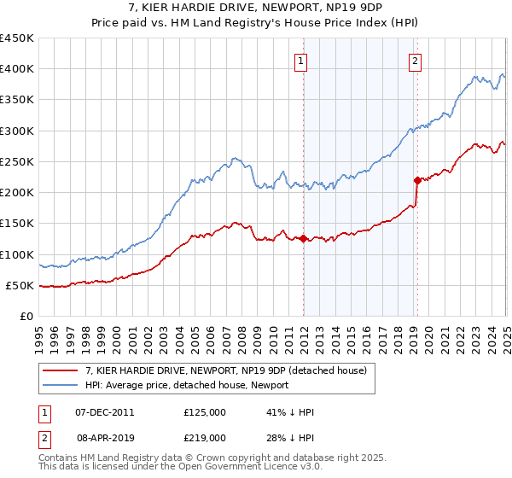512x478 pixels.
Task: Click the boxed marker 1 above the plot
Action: [303, 61]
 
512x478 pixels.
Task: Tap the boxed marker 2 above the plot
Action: [415, 61]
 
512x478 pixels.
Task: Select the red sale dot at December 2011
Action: [303, 238]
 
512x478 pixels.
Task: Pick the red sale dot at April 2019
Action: [417, 180]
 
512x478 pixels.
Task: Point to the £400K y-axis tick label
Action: [16, 69]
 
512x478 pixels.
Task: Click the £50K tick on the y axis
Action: [20, 285]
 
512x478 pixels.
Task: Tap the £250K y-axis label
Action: [16, 161]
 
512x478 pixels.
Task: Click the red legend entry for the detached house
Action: [225, 370]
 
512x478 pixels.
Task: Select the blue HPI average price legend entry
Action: [187, 386]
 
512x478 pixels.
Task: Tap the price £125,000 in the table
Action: [205, 412]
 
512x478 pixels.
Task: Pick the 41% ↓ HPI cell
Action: [289, 412]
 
